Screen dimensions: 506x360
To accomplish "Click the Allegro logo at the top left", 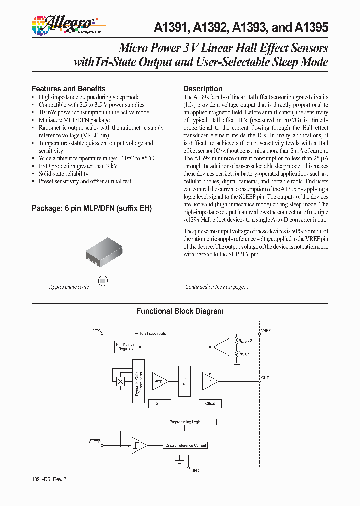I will (62, 23).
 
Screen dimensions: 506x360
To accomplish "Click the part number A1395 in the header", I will (313, 28).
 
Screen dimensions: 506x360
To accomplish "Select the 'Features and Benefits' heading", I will (68, 88).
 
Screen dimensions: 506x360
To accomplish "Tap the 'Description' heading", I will (203, 88).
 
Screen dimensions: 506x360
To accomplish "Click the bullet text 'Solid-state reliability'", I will (64, 174).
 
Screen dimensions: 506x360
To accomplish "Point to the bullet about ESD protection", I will (78, 166).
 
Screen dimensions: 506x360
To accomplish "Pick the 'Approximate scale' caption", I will (69, 287).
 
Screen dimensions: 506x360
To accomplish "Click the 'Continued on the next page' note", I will (216, 287).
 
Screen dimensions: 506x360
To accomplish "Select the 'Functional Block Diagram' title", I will (180, 311).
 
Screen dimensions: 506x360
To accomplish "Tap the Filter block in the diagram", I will (185, 381).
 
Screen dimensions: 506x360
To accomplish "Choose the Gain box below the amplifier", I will (160, 403).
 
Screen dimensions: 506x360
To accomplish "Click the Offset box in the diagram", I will (210, 403).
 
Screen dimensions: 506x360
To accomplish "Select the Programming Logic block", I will (185, 422).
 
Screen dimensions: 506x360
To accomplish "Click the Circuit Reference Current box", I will (185, 445).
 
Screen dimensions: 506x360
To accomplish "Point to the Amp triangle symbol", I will (159, 381).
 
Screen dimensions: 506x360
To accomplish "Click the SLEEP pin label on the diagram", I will (94, 441).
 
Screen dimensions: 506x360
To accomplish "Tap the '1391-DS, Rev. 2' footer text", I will (48, 479).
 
